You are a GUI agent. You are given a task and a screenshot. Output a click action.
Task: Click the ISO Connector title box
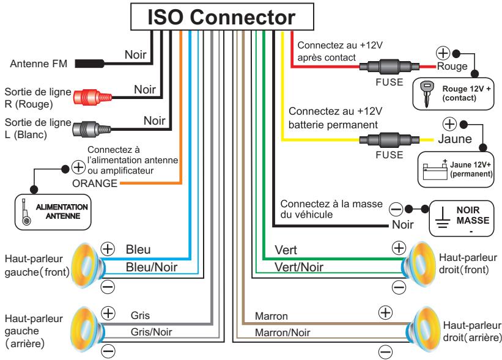point(224,17)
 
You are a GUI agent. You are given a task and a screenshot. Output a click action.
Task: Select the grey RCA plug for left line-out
point(92,128)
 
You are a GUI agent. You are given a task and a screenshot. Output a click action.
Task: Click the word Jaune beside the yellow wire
point(455,139)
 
